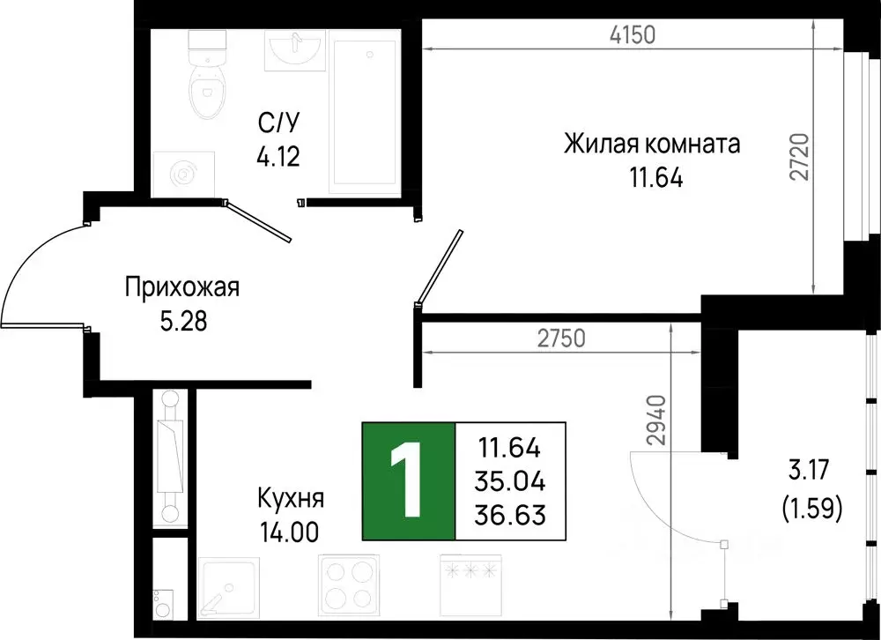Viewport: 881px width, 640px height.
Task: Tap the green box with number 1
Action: coord(409,481)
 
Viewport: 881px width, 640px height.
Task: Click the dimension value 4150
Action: coord(633,36)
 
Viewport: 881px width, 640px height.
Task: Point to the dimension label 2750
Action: coord(561,338)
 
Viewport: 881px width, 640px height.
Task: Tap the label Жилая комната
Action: coord(652,144)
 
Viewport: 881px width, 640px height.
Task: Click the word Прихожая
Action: coord(182,287)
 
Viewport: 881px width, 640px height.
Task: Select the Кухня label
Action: coord(291,499)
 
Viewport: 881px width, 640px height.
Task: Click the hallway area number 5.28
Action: coord(182,321)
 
